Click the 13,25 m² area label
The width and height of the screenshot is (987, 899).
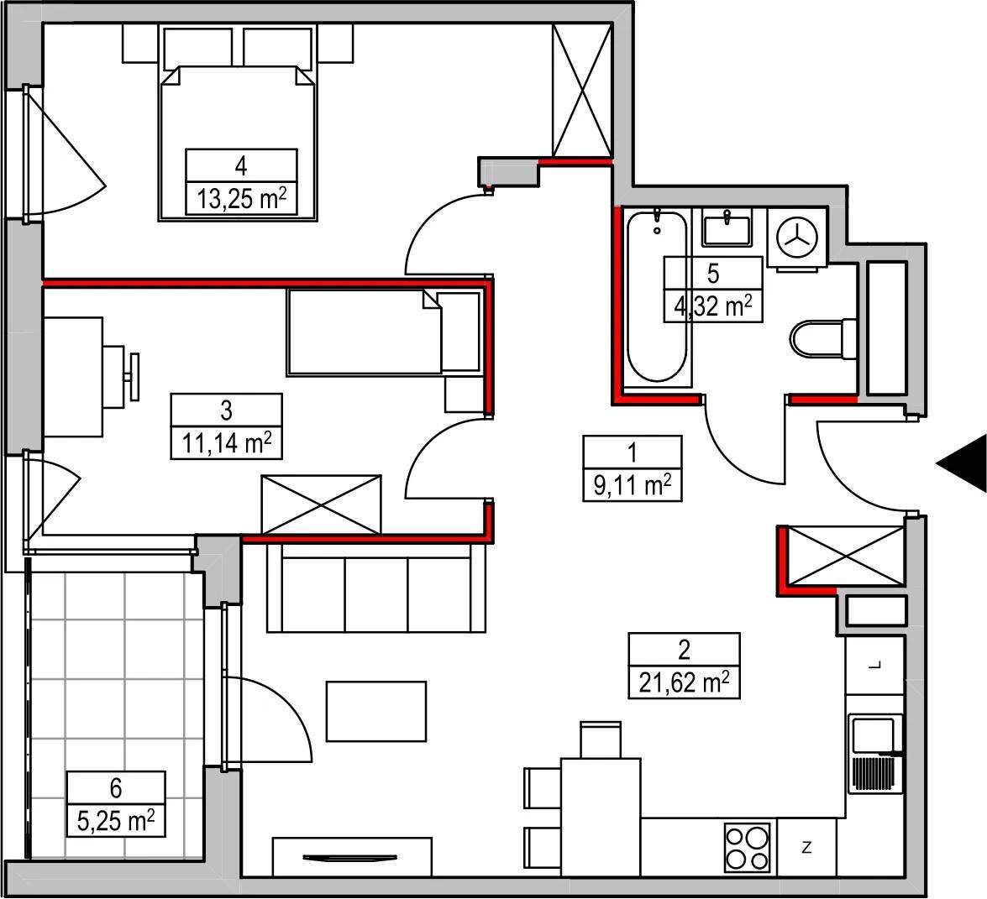[x=242, y=199]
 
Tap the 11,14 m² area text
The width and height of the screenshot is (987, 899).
[x=227, y=443]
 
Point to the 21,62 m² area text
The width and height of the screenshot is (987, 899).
[x=685, y=682]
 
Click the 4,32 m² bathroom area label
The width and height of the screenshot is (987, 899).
[x=713, y=307]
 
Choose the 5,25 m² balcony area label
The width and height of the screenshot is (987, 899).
[x=116, y=820]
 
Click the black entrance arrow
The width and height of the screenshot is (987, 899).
[x=961, y=463]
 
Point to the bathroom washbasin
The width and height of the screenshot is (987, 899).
[x=727, y=228]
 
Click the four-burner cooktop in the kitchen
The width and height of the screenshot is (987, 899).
[x=747, y=848]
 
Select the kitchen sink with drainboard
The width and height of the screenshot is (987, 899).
[x=875, y=753]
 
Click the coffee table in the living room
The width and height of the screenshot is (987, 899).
[x=376, y=711]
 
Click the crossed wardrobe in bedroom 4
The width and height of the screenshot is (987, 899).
[x=582, y=90]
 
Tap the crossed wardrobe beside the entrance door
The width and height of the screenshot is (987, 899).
[x=845, y=557]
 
